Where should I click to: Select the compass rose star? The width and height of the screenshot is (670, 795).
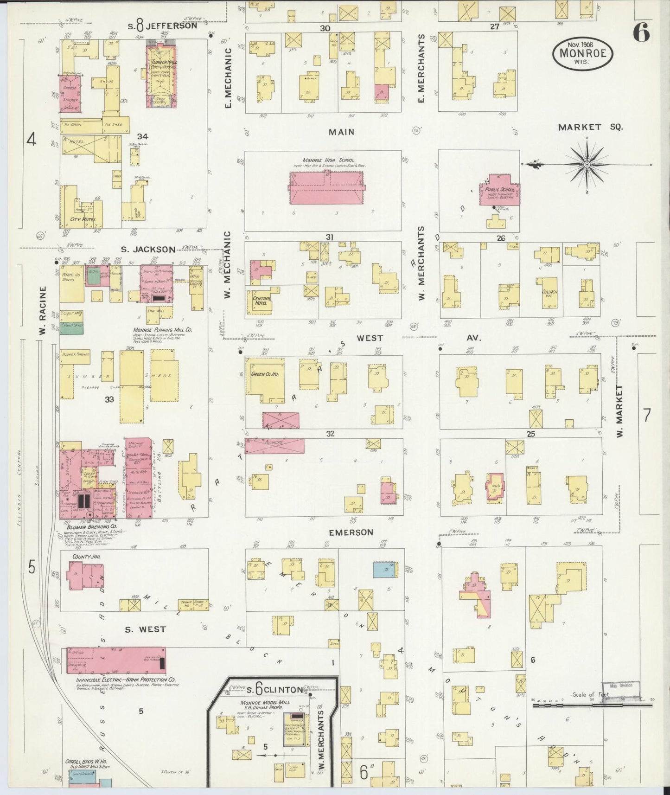point(587,165)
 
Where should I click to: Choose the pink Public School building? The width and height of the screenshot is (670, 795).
point(500,190)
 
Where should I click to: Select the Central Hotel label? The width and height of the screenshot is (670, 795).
point(263,301)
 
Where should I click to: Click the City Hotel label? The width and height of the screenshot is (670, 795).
point(83,219)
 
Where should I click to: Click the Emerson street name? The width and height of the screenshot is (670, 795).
point(351,532)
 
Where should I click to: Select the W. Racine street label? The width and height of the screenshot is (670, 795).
point(43,311)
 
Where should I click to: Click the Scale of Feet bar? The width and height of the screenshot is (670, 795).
point(592,705)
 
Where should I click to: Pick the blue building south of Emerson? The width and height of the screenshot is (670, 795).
point(383,570)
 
